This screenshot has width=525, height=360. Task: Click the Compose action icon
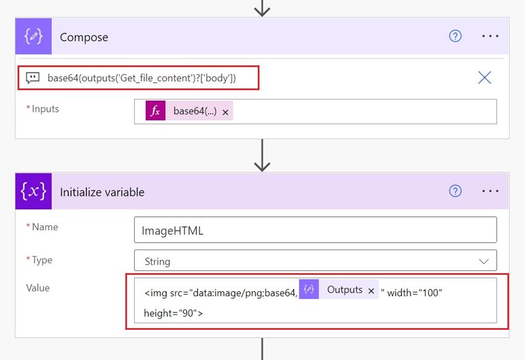33,36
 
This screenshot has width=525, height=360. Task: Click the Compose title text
84,37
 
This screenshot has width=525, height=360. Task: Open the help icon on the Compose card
455,36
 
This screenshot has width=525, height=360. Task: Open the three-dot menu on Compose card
490,36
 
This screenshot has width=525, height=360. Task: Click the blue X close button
485,77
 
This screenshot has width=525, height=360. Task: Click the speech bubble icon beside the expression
32,78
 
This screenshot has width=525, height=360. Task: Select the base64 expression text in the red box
142,78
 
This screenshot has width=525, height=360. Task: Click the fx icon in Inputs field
156,111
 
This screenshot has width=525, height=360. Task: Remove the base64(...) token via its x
225,112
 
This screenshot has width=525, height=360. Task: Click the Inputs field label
45,109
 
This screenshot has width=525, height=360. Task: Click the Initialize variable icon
33,191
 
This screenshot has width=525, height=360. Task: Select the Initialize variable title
102,192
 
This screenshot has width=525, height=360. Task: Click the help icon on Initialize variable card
455,191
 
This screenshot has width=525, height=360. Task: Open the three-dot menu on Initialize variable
490,191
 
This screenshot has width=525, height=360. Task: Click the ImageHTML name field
315,231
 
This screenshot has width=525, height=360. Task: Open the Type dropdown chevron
484,261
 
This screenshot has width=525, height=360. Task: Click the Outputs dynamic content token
344,290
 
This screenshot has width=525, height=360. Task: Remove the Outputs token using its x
371,290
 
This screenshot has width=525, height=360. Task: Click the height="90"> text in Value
174,313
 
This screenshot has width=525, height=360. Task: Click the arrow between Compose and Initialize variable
262,155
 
